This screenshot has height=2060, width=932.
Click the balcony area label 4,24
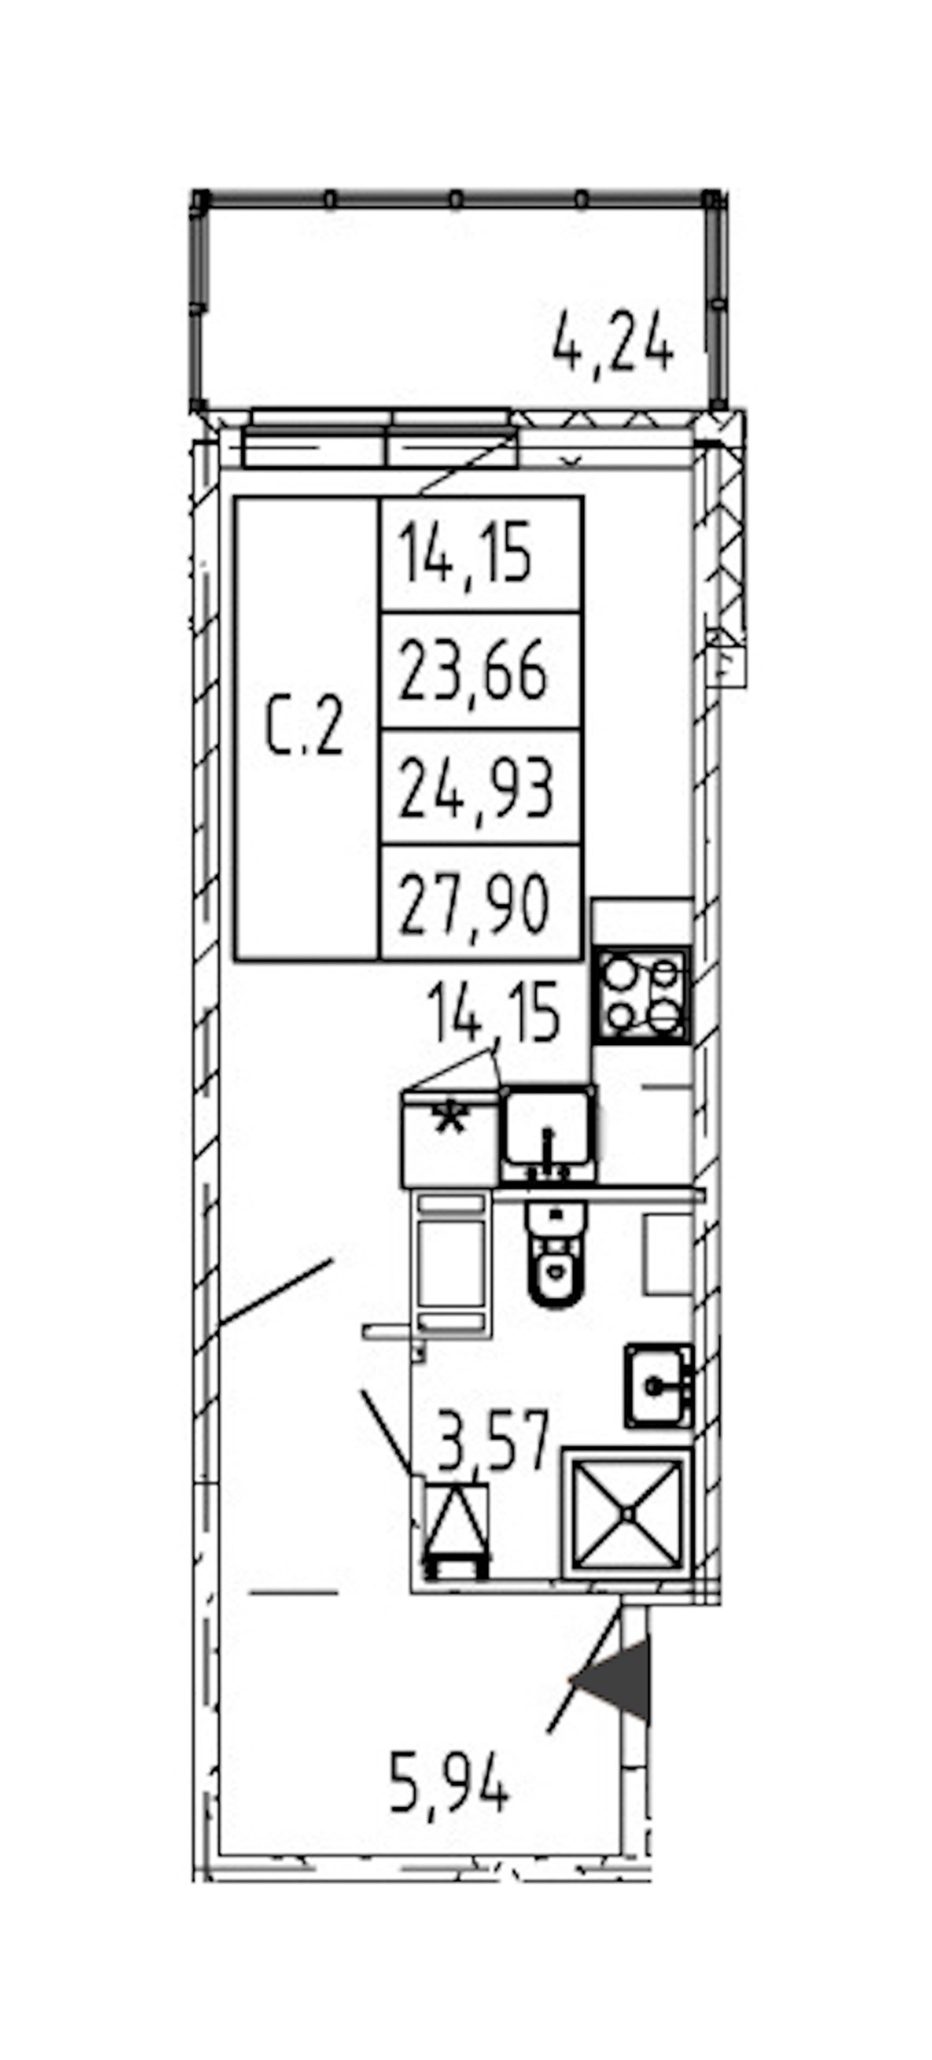click(612, 343)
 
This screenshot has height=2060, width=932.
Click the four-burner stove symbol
click(641, 995)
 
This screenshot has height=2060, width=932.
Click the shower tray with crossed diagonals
click(627, 1515)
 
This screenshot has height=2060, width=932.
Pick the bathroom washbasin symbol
click(658, 1385)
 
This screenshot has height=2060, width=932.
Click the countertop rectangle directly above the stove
click(642, 923)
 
